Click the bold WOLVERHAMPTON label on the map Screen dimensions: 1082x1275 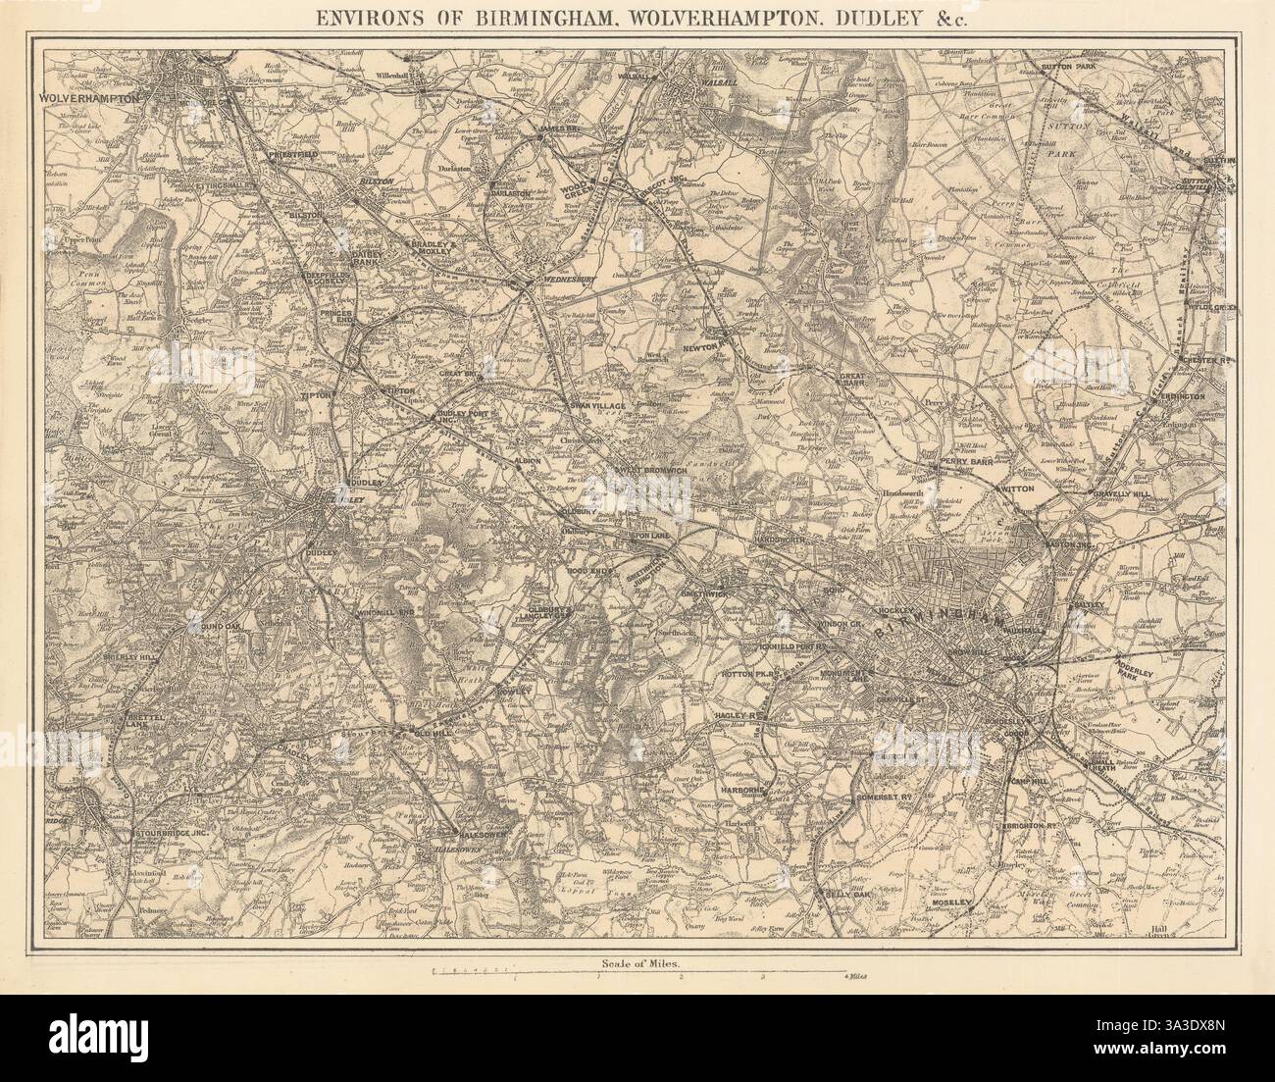click(x=87, y=98)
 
